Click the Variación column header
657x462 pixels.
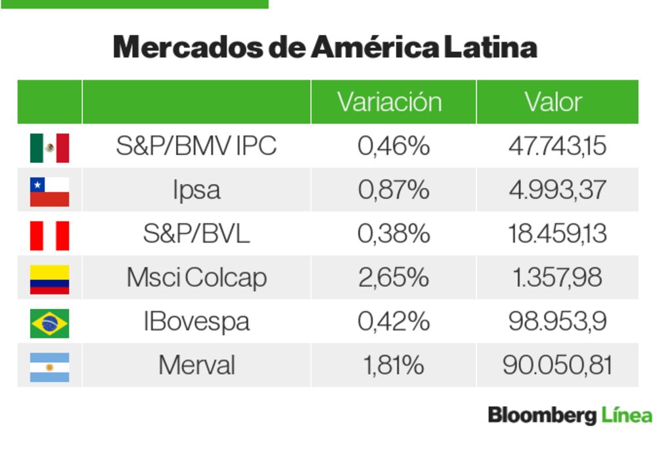pyautogui.click(x=390, y=102)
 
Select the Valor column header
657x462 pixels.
pyautogui.click(x=553, y=102)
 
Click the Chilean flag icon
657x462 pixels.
pyautogui.click(x=49, y=191)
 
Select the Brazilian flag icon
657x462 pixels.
pyautogui.click(x=49, y=323)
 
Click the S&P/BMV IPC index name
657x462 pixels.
pyautogui.click(x=196, y=146)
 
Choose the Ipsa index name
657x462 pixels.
pyautogui.click(x=196, y=190)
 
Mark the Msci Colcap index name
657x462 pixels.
pyautogui.click(x=196, y=277)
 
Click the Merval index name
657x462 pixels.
pyautogui.click(x=196, y=365)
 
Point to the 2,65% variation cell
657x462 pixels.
pyautogui.click(x=394, y=277)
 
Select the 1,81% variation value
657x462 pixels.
pyautogui.click(x=394, y=365)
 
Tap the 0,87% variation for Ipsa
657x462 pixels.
pyautogui.click(x=394, y=190)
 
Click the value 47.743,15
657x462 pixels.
pyautogui.click(x=557, y=146)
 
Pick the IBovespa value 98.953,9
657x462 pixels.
pyautogui.click(x=557, y=321)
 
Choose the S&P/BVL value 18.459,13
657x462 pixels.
pyautogui.click(x=557, y=234)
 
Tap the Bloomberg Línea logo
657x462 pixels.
pyautogui.click(x=570, y=415)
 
